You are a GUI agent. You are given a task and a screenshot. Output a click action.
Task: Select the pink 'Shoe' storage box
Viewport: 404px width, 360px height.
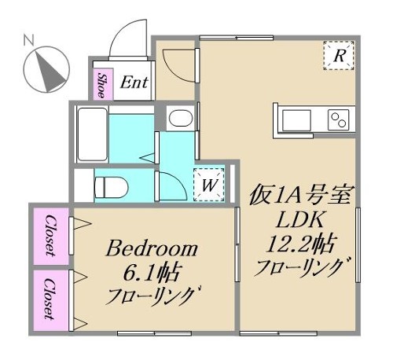pos(102,83)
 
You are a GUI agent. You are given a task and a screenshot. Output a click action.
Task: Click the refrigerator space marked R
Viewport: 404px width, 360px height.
pos(339,56)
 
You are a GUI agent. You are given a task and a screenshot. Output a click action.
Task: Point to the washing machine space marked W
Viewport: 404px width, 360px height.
pos(209,185)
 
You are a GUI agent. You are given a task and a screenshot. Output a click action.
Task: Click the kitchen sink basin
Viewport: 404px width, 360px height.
pos(299,120)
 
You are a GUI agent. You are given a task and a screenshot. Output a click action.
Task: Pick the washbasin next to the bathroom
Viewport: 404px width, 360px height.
pos(179,119)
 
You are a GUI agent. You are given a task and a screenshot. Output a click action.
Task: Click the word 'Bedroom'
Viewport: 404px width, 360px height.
pos(153,250)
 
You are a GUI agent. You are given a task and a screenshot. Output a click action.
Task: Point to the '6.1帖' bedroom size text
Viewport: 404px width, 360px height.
pos(153,274)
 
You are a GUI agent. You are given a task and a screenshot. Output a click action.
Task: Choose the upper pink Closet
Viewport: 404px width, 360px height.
pos(51,236)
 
